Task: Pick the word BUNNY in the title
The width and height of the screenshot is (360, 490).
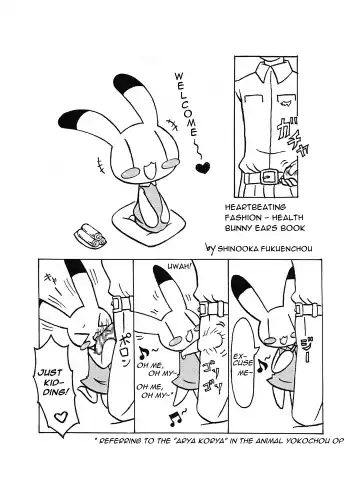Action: [x=240, y=234]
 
